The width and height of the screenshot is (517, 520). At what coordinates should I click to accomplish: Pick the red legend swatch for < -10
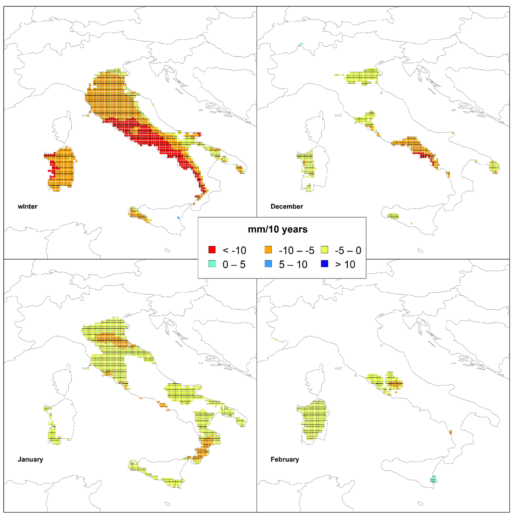[212, 250]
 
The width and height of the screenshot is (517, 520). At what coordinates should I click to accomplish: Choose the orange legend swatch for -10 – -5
[268, 250]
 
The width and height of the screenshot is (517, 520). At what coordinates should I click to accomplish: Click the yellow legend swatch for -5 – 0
[324, 250]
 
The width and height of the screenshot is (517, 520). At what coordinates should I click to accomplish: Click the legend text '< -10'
[234, 251]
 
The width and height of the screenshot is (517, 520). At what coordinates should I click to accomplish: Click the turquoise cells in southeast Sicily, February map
[433, 479]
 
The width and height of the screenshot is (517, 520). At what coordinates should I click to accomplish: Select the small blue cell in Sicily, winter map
[178, 218]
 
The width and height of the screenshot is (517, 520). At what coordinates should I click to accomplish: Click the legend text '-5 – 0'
[348, 251]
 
